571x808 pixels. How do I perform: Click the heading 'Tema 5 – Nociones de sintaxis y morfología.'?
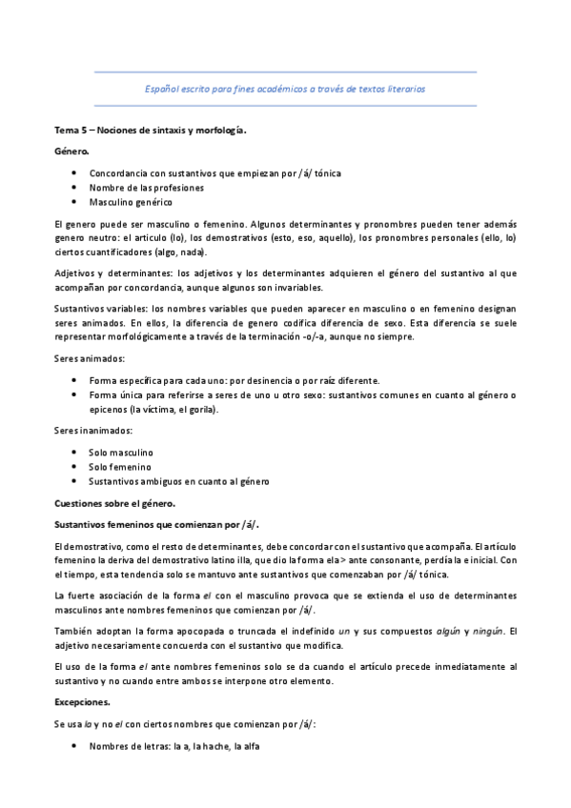[150, 131]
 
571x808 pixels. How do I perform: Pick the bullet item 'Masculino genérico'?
[131, 203]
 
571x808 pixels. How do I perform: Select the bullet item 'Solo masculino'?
[122, 452]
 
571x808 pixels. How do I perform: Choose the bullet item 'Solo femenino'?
[120, 467]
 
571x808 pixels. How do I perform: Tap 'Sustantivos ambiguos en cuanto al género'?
[179, 482]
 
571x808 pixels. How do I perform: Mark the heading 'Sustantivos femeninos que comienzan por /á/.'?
[157, 524]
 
